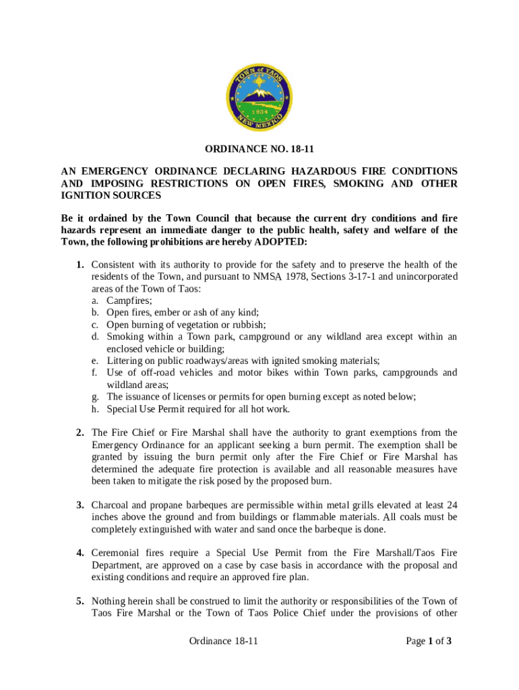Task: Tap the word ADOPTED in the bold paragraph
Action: [278, 242]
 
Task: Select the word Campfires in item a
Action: [129, 301]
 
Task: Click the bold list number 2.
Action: [80, 433]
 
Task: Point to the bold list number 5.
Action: [80, 600]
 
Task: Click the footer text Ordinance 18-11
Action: [224, 641]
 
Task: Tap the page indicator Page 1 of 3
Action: [428, 641]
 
